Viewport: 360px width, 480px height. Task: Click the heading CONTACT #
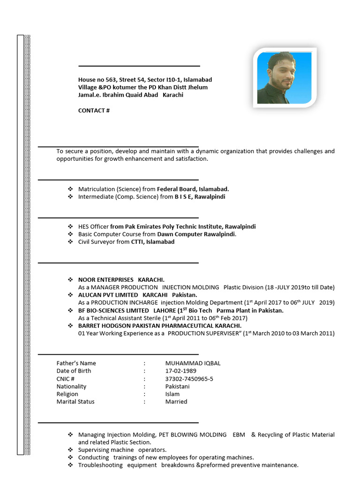coord(94,111)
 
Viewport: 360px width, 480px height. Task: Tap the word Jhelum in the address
coord(197,87)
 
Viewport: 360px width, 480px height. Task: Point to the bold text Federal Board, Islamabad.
coord(193,189)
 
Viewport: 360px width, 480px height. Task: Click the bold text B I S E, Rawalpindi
coord(200,197)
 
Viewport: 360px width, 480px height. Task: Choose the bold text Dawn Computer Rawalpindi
coord(196,234)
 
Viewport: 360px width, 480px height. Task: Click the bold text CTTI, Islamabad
coord(152,242)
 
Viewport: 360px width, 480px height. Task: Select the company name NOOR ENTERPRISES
coord(105,279)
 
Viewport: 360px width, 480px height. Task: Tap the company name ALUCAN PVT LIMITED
coord(108,295)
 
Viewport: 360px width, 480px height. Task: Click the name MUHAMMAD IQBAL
coord(193,363)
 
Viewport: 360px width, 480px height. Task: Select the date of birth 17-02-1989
coord(180,371)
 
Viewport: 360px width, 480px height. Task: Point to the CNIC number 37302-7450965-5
coord(189,379)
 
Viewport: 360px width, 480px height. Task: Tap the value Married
coord(176,402)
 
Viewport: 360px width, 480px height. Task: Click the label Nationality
coord(71,386)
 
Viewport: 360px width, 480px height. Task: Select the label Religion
coord(67,394)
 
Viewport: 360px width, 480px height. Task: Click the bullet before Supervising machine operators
coord(70,450)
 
